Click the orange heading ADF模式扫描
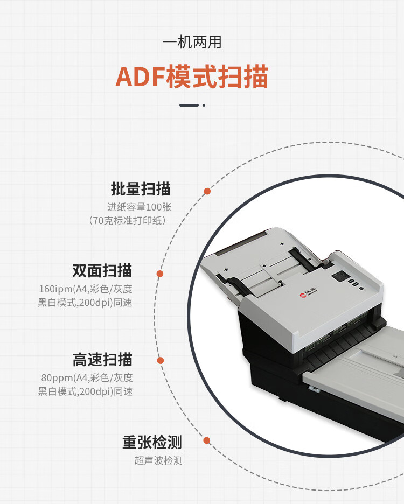point(192,76)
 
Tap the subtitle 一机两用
point(192,43)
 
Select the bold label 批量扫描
point(141,188)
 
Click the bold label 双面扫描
point(102,271)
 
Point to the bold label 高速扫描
point(102,359)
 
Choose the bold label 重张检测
point(152,442)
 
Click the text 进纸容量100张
point(140,207)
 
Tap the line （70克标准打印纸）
point(127,221)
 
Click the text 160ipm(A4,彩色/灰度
point(86,289)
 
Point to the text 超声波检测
point(158,460)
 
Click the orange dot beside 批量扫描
point(207,191)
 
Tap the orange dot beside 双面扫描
point(160,274)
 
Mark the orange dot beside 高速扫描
point(160,361)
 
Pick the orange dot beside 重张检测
point(207,440)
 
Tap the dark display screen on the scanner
point(340,276)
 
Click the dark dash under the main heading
point(189,105)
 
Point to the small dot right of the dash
point(204,105)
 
